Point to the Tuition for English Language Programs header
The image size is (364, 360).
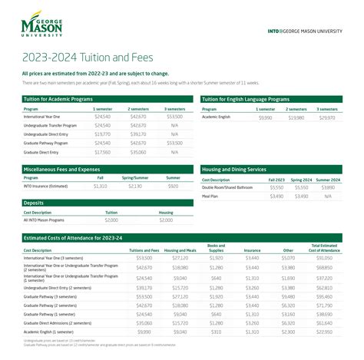pos(246,99)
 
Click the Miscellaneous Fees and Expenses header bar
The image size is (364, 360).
pos(61,168)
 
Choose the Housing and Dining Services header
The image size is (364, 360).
pos(234,168)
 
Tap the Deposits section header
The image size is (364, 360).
pos(35,203)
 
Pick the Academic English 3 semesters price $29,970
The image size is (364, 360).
pos(327,117)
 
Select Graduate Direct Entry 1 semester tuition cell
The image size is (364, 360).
pos(102,151)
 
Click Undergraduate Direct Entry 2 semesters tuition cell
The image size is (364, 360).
pos(138,134)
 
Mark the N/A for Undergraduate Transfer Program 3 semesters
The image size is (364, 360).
pos(174,126)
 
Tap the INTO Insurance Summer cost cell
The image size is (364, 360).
pos(173,187)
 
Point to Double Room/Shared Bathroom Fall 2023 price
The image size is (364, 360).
pos(276,187)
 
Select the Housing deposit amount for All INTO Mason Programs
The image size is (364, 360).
pos(166,220)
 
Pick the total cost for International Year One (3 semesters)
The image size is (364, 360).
pos(324,259)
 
